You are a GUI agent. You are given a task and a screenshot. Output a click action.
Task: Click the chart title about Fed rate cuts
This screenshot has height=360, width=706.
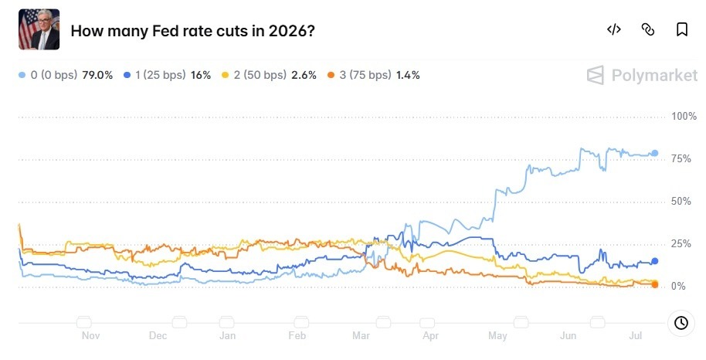click(192, 31)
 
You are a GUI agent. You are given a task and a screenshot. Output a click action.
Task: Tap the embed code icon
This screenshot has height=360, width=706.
click(614, 29)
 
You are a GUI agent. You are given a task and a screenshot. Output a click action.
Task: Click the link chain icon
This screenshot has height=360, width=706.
click(648, 29)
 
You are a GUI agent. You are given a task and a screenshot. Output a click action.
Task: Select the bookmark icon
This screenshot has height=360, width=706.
click(682, 29)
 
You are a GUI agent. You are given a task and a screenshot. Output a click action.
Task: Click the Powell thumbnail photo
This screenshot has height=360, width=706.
click(39, 29)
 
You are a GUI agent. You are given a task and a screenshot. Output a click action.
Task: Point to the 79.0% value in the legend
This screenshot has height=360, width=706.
click(97, 75)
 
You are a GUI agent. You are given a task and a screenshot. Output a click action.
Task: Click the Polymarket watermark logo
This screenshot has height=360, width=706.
click(643, 75)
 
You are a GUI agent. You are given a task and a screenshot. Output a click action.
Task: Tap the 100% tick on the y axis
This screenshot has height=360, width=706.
click(684, 116)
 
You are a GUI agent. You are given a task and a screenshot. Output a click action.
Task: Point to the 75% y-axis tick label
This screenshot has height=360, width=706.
click(681, 158)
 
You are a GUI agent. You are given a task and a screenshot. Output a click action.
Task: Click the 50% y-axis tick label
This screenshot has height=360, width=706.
click(681, 201)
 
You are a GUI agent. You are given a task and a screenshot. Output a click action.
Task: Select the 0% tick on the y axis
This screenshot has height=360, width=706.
click(678, 286)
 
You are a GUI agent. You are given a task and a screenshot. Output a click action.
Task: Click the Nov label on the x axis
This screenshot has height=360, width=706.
click(90, 336)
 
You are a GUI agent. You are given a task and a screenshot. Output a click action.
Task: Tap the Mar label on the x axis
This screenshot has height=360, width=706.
click(361, 336)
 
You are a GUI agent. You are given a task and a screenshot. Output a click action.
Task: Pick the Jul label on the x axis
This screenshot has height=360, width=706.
click(635, 336)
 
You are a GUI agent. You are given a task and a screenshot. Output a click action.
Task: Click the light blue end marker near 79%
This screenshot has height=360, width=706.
click(655, 153)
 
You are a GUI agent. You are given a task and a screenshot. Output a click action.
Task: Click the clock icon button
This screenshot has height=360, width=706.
click(681, 323)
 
